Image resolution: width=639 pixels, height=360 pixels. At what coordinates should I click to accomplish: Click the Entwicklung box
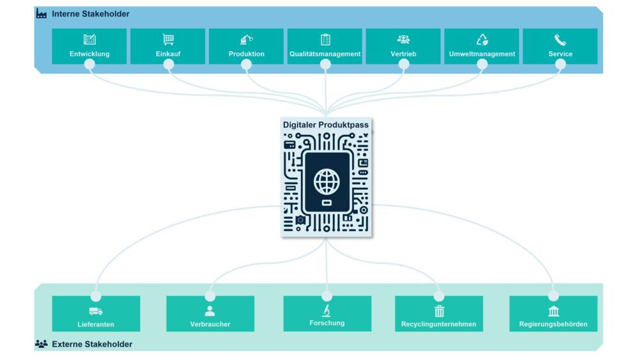(x=89, y=46)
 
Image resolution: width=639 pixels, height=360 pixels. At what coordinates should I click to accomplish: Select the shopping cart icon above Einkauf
(x=168, y=40)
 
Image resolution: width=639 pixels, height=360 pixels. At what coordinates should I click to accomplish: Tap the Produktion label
(x=246, y=54)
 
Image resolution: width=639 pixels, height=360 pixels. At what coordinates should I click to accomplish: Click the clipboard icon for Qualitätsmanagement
(x=325, y=40)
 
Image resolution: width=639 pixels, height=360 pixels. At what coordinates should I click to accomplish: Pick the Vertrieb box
(x=403, y=46)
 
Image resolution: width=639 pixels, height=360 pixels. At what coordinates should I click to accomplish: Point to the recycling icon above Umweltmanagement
(x=482, y=40)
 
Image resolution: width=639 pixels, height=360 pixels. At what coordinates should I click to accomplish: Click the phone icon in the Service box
(x=560, y=40)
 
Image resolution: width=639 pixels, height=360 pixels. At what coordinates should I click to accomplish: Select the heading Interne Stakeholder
(x=90, y=14)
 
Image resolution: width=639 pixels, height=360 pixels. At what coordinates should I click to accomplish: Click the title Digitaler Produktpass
(x=326, y=125)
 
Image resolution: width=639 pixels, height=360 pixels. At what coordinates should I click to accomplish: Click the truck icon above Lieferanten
(x=96, y=311)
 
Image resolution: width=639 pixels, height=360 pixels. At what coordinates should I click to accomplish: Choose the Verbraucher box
(x=210, y=313)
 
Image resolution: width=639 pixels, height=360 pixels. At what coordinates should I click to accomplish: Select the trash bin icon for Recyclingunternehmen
(x=439, y=311)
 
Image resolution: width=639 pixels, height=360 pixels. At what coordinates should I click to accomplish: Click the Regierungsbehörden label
(x=553, y=324)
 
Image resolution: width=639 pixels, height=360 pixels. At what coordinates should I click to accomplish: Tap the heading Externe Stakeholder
(x=92, y=344)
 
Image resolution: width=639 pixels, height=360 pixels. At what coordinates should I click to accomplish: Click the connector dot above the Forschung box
(x=327, y=296)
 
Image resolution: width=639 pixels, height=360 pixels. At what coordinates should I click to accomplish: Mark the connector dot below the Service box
(x=560, y=64)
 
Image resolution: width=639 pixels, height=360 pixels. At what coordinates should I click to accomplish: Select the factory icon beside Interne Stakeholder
(x=42, y=14)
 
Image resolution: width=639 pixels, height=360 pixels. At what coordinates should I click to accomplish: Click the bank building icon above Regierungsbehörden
(x=553, y=311)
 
